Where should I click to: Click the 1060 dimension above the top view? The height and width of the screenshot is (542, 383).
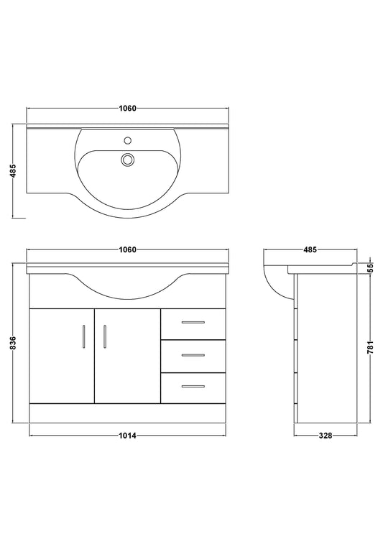coord(128,109)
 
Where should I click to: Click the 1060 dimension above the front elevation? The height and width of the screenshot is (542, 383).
coord(128,249)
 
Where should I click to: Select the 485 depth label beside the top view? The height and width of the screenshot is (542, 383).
coord(13,171)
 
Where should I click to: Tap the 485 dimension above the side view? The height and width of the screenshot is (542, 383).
coord(310,249)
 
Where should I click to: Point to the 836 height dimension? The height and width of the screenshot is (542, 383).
coord(13,343)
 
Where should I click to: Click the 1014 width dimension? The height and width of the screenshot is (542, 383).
coord(128,436)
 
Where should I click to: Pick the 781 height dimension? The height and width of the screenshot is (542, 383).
coord(370,348)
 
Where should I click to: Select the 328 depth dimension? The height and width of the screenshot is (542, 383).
coord(326,436)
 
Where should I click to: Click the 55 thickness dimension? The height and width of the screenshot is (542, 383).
coord(370,268)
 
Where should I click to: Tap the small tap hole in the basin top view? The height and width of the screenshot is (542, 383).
coord(128,140)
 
